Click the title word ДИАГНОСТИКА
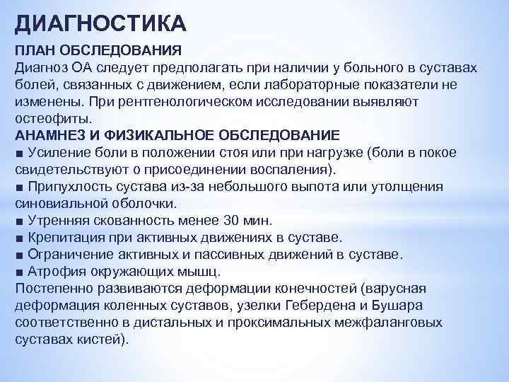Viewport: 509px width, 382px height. pyautogui.click(x=100, y=24)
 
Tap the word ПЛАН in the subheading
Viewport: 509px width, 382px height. pyautogui.click(x=33, y=50)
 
